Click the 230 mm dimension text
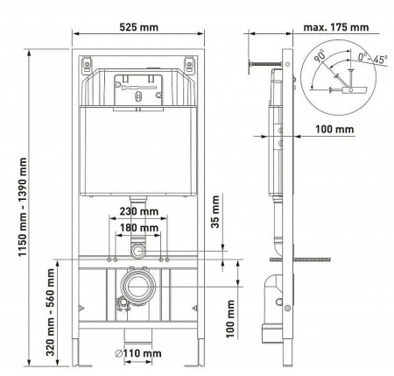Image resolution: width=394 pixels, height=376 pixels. point(137,213)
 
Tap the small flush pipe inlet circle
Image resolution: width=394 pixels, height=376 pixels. point(137,252)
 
